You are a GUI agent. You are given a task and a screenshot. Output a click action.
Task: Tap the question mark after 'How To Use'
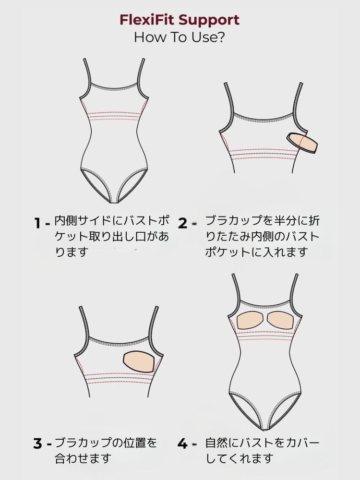[220, 37]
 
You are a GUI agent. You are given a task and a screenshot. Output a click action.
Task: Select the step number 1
[37, 223]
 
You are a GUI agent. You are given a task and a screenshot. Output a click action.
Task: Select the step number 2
[182, 223]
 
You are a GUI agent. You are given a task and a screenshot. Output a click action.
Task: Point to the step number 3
[37, 443]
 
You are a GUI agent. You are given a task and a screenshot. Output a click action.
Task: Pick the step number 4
[182, 443]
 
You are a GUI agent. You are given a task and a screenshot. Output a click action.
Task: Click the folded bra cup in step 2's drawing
[302, 143]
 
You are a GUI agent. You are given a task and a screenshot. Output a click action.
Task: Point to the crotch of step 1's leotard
[114, 201]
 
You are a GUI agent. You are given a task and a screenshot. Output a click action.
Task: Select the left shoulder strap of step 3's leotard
[84, 324]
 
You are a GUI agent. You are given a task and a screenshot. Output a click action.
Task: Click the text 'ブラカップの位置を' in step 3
[106, 443]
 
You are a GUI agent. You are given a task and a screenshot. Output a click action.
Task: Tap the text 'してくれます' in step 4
[240, 458]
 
